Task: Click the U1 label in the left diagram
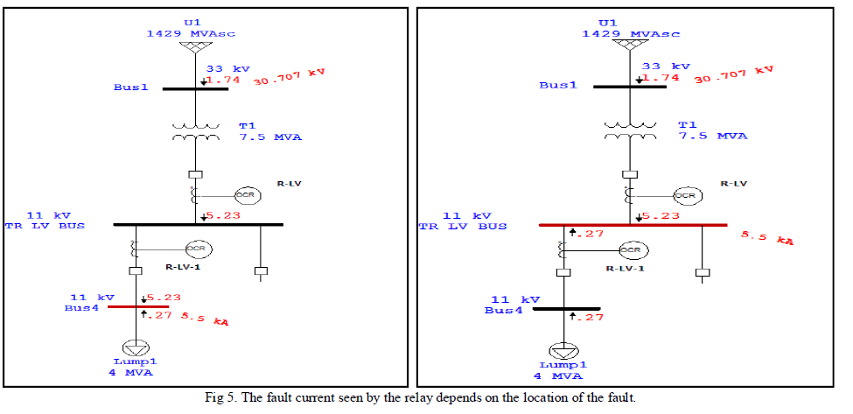point(191,23)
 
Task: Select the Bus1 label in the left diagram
point(131,88)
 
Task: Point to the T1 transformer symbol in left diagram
point(195,132)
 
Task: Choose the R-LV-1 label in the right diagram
point(626,268)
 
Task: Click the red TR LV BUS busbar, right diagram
point(633,225)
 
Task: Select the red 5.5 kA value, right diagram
point(767,236)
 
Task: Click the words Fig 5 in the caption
point(217,398)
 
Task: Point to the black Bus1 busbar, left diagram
point(195,88)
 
